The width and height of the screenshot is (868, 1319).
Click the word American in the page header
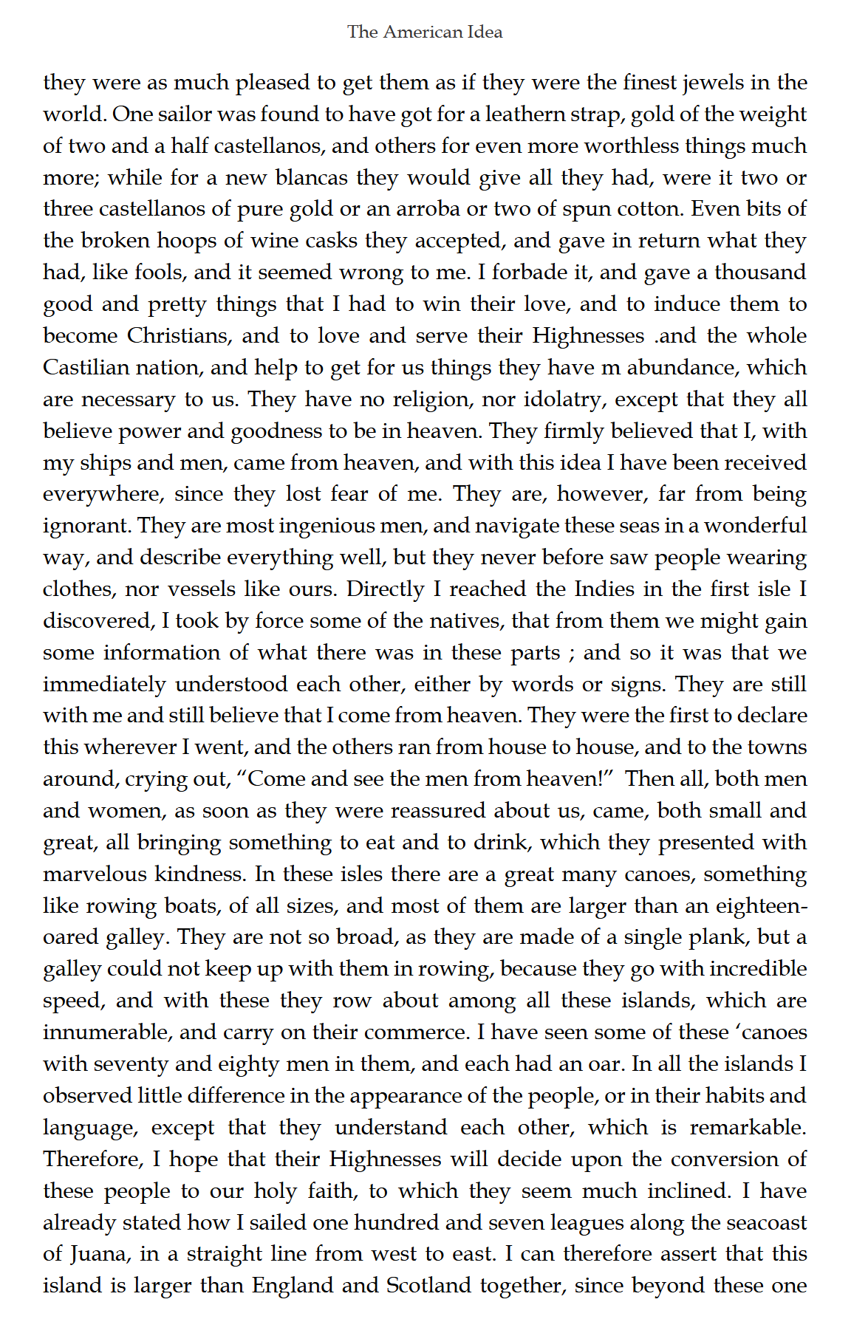click(x=425, y=32)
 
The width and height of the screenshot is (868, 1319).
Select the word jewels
click(x=713, y=82)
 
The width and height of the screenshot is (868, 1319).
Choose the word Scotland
click(x=428, y=1286)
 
